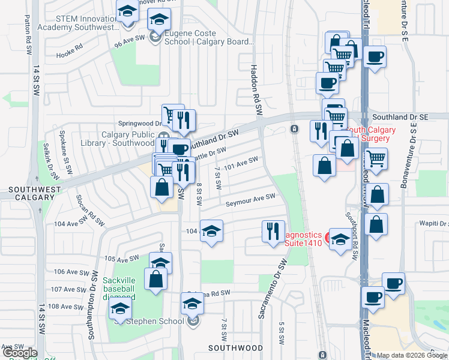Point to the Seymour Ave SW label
click(250, 200)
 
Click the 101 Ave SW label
click(240, 163)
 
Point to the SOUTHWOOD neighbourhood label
click(235, 348)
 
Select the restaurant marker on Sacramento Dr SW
click(273, 230)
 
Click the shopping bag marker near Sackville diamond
click(155, 278)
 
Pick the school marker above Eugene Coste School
click(158, 19)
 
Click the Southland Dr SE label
click(399, 118)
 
